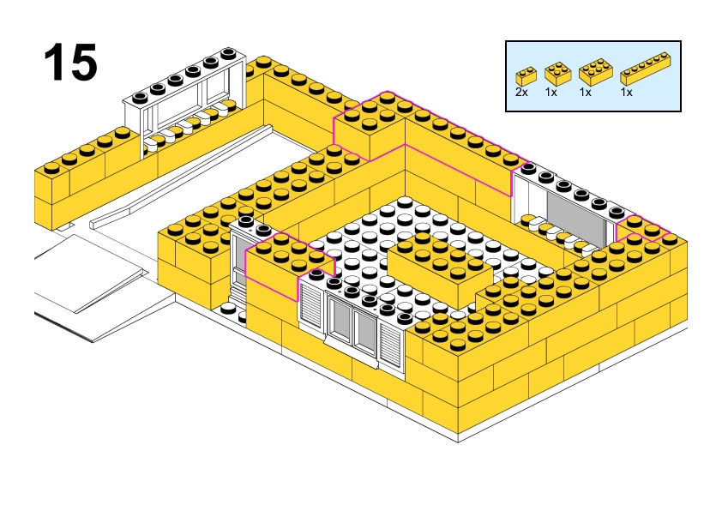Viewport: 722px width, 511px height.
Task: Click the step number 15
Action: (70, 62)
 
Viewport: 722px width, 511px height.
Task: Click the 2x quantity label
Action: (521, 91)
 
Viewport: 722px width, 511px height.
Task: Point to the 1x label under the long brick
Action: (627, 91)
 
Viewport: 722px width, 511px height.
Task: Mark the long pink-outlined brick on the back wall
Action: (429, 137)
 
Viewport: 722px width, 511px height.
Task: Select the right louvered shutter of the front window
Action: (392, 345)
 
